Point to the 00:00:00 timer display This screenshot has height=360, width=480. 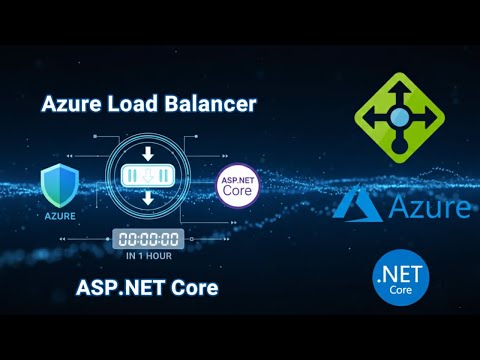pyautogui.click(x=147, y=239)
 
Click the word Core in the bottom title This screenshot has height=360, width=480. pyautogui.click(x=191, y=289)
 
